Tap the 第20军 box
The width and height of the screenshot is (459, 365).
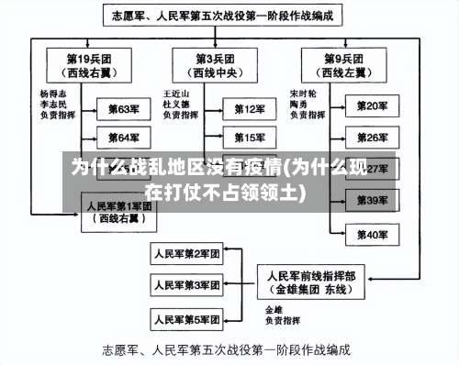pyautogui.click(x=372, y=107)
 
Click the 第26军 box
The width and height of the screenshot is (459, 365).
pyautogui.click(x=372, y=138)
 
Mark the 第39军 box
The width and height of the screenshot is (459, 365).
pyautogui.click(x=372, y=200)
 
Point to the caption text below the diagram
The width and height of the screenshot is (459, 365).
pyautogui.click(x=227, y=349)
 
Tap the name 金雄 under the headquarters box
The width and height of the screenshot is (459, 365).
pyautogui.click(x=274, y=309)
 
